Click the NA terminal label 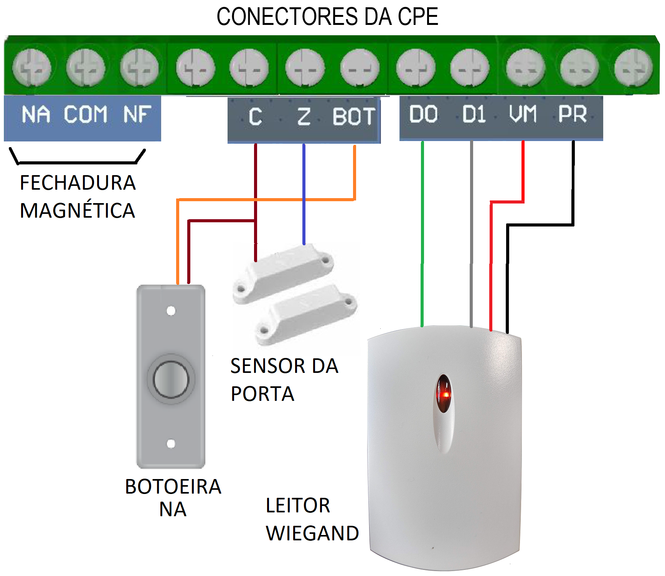tap(36, 114)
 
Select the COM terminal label tap(85, 114)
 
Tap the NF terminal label tap(137, 114)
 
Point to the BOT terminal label tap(353, 117)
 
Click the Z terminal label tap(304, 117)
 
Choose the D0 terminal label tap(423, 114)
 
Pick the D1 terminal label tap(474, 114)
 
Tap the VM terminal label tap(523, 114)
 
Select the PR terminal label tap(572, 114)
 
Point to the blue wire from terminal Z tap(304, 194)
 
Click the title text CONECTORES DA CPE tap(327, 16)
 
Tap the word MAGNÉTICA tap(78, 210)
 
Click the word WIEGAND tap(312, 533)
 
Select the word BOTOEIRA tap(173, 487)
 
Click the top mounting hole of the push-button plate tap(171, 310)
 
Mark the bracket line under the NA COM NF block tap(77, 162)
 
